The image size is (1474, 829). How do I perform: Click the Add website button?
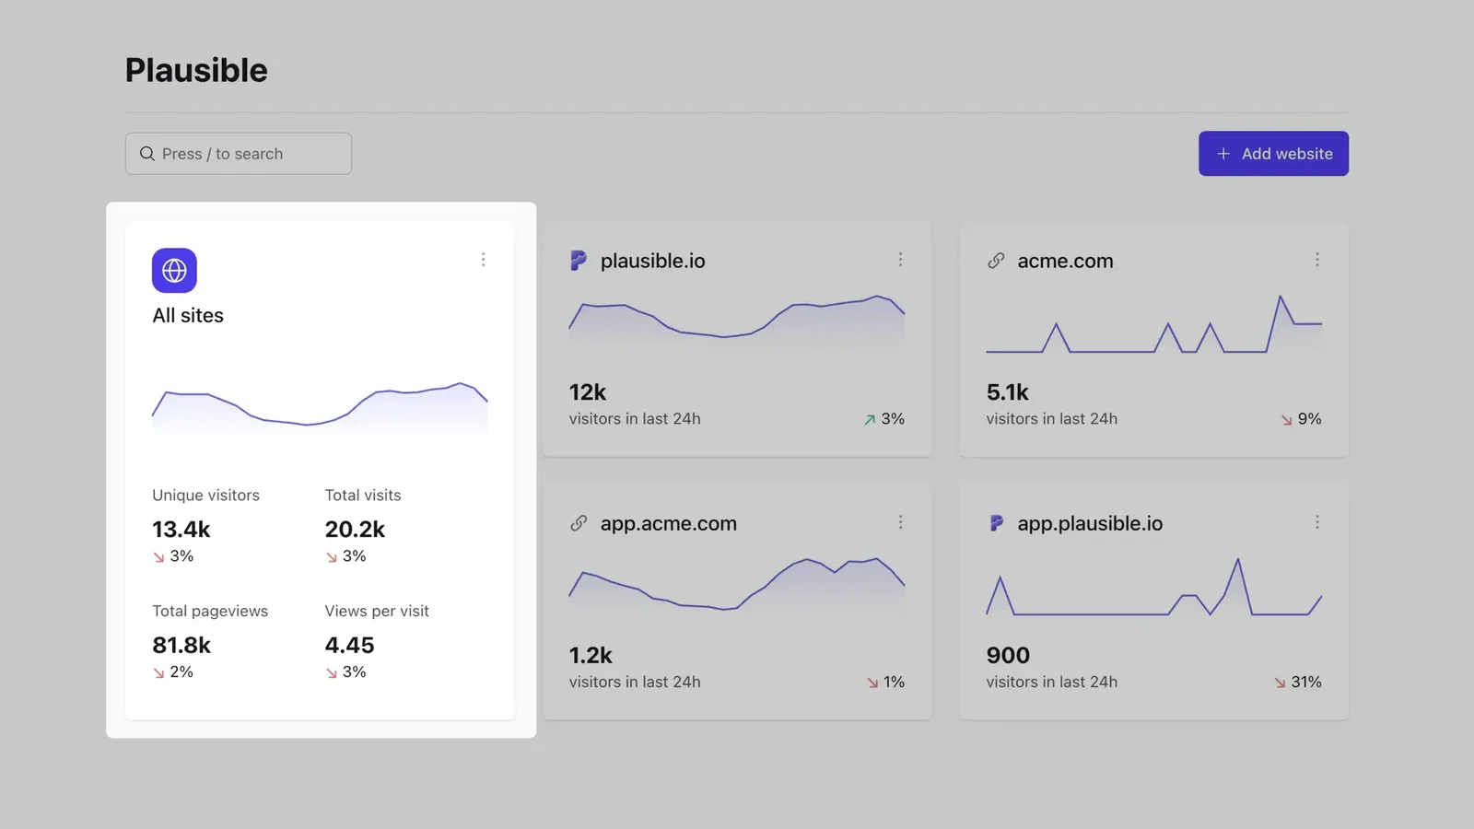pos(1273,154)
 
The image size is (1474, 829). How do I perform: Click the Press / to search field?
pos(239,154)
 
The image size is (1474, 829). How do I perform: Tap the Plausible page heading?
pos(196,71)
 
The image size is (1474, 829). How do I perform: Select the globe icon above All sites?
pos(174,271)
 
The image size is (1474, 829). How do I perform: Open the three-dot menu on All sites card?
pos(483,260)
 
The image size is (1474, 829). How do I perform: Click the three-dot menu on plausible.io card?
pos(900,260)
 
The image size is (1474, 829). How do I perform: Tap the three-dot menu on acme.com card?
pos(1317,260)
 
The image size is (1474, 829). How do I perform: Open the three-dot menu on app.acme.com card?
pos(900,522)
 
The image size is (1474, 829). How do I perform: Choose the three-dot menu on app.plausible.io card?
pos(1317,522)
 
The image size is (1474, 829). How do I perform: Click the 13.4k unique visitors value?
pos(181,530)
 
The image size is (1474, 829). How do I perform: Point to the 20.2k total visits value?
pos(355,530)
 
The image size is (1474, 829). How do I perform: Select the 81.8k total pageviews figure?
pos(181,646)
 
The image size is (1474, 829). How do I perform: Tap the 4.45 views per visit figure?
pos(349,646)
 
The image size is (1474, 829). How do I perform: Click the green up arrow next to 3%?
pos(870,420)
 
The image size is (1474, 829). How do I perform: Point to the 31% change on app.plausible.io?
pos(1305,683)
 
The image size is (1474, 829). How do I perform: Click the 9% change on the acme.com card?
pos(1309,419)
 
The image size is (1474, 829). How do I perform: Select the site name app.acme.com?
pos(668,523)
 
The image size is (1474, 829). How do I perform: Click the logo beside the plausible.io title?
pos(579,261)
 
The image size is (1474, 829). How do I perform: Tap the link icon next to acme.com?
pos(996,261)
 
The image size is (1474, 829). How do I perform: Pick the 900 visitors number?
pos(1008,656)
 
